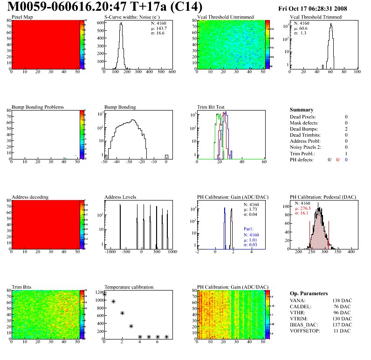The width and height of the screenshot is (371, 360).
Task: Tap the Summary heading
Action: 302,110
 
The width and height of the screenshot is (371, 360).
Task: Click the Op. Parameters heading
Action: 309,293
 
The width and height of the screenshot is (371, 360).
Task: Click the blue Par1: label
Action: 250,229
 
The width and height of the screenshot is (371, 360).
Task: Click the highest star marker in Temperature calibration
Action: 104,294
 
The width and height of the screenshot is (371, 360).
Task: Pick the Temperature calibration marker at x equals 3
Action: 131,326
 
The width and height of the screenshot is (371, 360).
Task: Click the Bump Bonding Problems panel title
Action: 37,107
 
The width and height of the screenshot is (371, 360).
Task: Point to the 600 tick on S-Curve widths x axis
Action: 172,72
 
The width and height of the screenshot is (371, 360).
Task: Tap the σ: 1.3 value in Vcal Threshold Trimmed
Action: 301,33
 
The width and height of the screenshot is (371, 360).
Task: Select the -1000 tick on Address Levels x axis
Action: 110,252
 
